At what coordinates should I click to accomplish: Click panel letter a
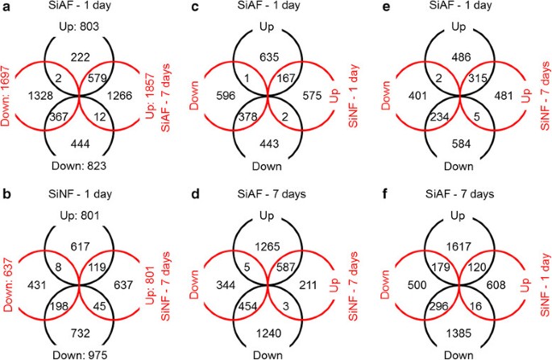point(6,7)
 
